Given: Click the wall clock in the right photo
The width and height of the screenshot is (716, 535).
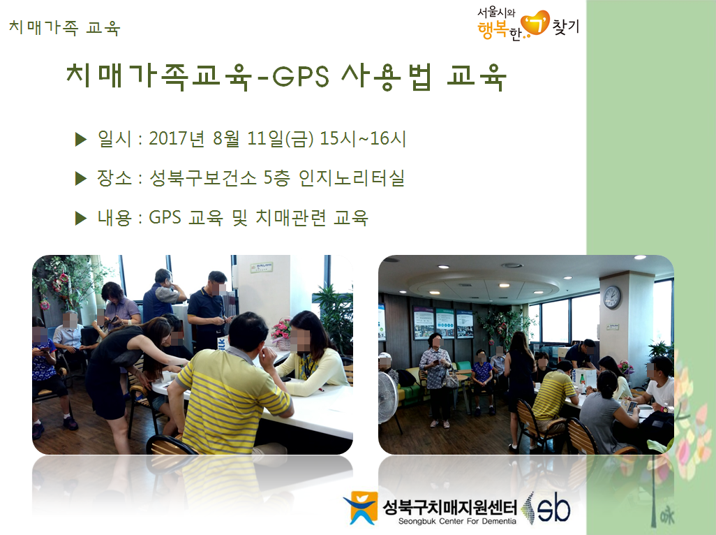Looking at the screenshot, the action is point(612,297).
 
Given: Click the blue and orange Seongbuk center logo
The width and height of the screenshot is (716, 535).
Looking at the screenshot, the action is point(361,508).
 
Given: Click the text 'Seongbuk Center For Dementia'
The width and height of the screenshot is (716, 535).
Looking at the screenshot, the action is point(457,521).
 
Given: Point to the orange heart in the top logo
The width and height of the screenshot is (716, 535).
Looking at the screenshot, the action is point(535,24).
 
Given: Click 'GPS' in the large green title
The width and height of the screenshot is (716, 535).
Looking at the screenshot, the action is point(301,76).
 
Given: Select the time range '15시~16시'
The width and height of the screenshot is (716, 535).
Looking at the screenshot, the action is point(363,138).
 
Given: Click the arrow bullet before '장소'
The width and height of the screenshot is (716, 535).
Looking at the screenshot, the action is point(81,179).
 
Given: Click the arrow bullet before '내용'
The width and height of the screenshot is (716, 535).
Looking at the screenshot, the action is point(81,219).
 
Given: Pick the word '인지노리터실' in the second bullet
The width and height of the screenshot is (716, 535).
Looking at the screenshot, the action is point(351,178).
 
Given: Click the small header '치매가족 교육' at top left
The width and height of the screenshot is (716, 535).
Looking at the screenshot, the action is point(64,27).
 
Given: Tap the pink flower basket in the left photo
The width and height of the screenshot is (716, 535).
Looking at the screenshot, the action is point(281,334).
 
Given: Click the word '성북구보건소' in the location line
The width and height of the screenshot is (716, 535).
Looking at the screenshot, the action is point(203,178).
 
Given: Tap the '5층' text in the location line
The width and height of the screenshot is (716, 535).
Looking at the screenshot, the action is point(277,178).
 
